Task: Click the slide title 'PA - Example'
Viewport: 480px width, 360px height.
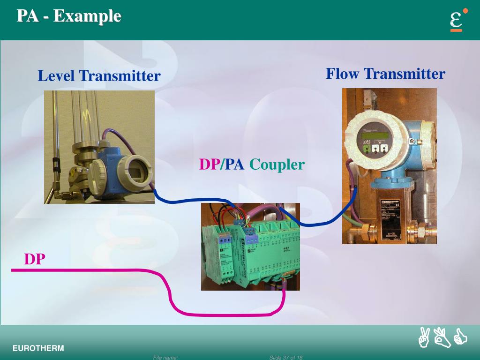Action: [69, 16]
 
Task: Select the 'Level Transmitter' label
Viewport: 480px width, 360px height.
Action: [99, 75]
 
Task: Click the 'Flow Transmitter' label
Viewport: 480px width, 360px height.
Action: [385, 74]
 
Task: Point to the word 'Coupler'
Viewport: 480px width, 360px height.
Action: [277, 165]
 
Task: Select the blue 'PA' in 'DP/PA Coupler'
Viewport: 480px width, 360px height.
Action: [234, 165]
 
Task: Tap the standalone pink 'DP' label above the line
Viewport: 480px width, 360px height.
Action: [34, 259]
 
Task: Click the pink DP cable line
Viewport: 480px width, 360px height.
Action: [94, 270]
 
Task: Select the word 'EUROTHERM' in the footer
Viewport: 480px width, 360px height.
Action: [38, 348]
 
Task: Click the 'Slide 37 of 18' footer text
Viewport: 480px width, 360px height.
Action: [285, 358]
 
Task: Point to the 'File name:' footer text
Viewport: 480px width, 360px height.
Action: [165, 358]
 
